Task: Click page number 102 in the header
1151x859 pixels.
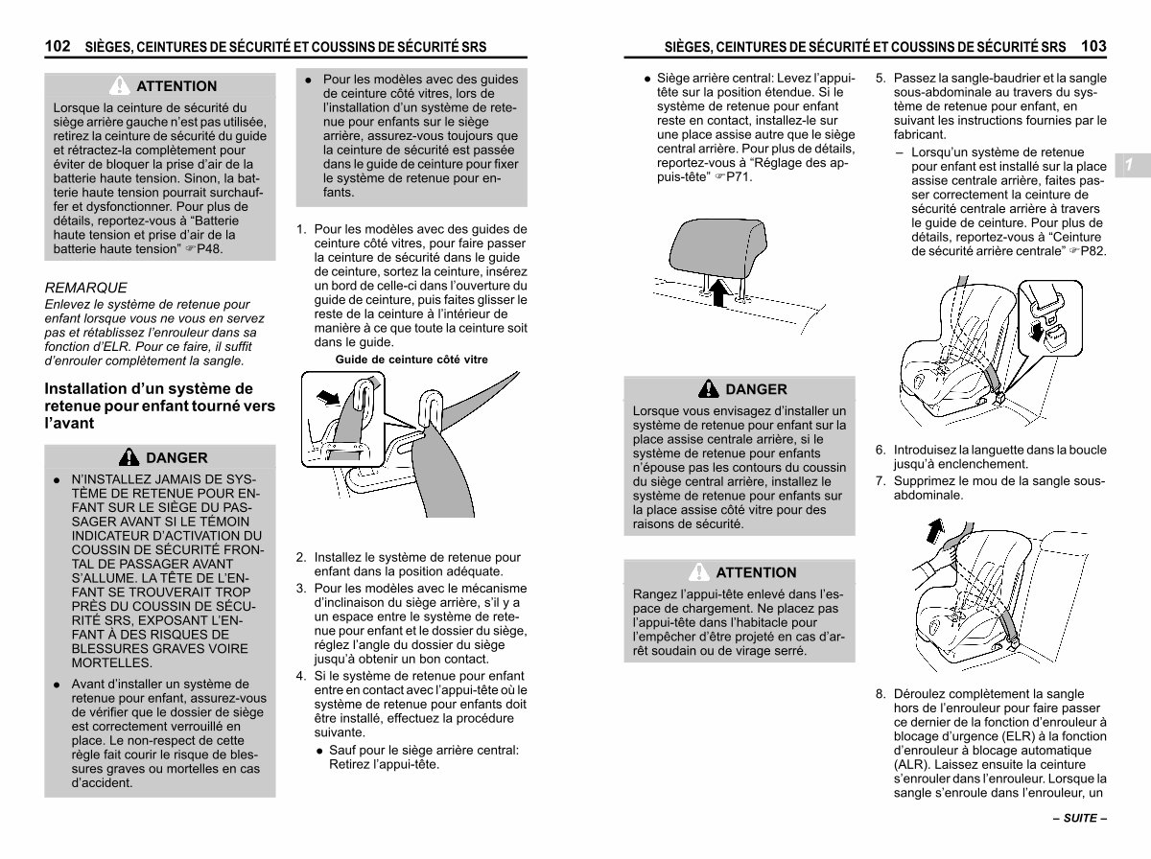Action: point(58,46)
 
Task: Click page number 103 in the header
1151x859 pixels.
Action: point(1093,46)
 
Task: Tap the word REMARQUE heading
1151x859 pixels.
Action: point(85,288)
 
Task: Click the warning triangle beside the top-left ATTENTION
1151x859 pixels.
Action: point(120,85)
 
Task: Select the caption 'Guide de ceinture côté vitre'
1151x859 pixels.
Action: point(411,360)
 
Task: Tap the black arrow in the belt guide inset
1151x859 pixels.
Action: point(328,397)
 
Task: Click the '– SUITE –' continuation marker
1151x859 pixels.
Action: point(1080,818)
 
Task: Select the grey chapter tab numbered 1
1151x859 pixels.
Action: point(1132,165)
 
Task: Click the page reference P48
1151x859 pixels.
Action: point(209,249)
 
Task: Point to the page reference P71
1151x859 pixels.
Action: point(739,177)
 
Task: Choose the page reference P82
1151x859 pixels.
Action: point(1092,251)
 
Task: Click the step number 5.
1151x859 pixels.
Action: point(881,78)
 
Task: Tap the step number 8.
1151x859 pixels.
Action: point(881,694)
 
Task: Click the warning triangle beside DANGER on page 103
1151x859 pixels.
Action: point(709,388)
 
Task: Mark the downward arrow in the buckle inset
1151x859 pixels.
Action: point(1036,332)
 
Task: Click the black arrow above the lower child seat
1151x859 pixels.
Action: point(935,530)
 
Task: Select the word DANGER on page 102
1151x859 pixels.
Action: point(176,457)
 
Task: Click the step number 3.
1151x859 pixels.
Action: point(301,588)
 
